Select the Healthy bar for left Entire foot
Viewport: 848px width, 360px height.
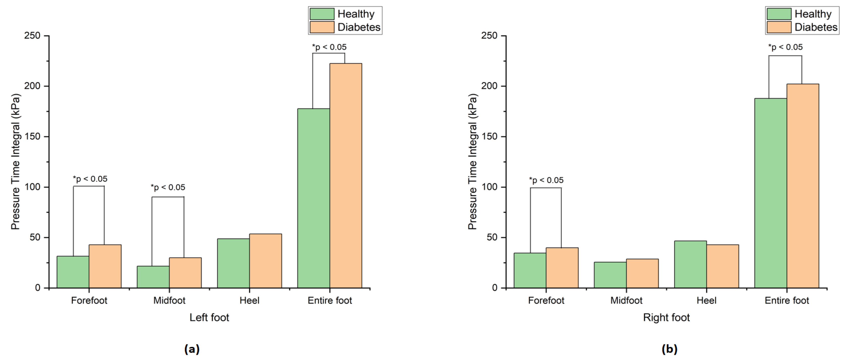click(x=313, y=198)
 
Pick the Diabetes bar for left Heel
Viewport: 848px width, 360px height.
click(x=265, y=261)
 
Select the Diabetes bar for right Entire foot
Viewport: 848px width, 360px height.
click(x=803, y=186)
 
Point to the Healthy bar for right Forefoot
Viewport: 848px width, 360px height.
click(x=530, y=270)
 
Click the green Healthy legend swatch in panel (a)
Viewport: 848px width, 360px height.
click(x=322, y=14)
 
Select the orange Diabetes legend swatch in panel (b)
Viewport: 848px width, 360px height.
click(x=779, y=27)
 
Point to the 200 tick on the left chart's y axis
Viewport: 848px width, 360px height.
click(x=32, y=86)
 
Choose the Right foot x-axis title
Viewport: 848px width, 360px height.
click(x=666, y=317)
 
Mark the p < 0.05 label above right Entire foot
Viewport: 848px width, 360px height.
click(x=785, y=47)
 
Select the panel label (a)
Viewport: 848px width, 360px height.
click(x=192, y=349)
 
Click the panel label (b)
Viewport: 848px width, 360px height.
click(x=669, y=349)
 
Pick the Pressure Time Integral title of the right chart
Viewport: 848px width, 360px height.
click(x=472, y=161)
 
